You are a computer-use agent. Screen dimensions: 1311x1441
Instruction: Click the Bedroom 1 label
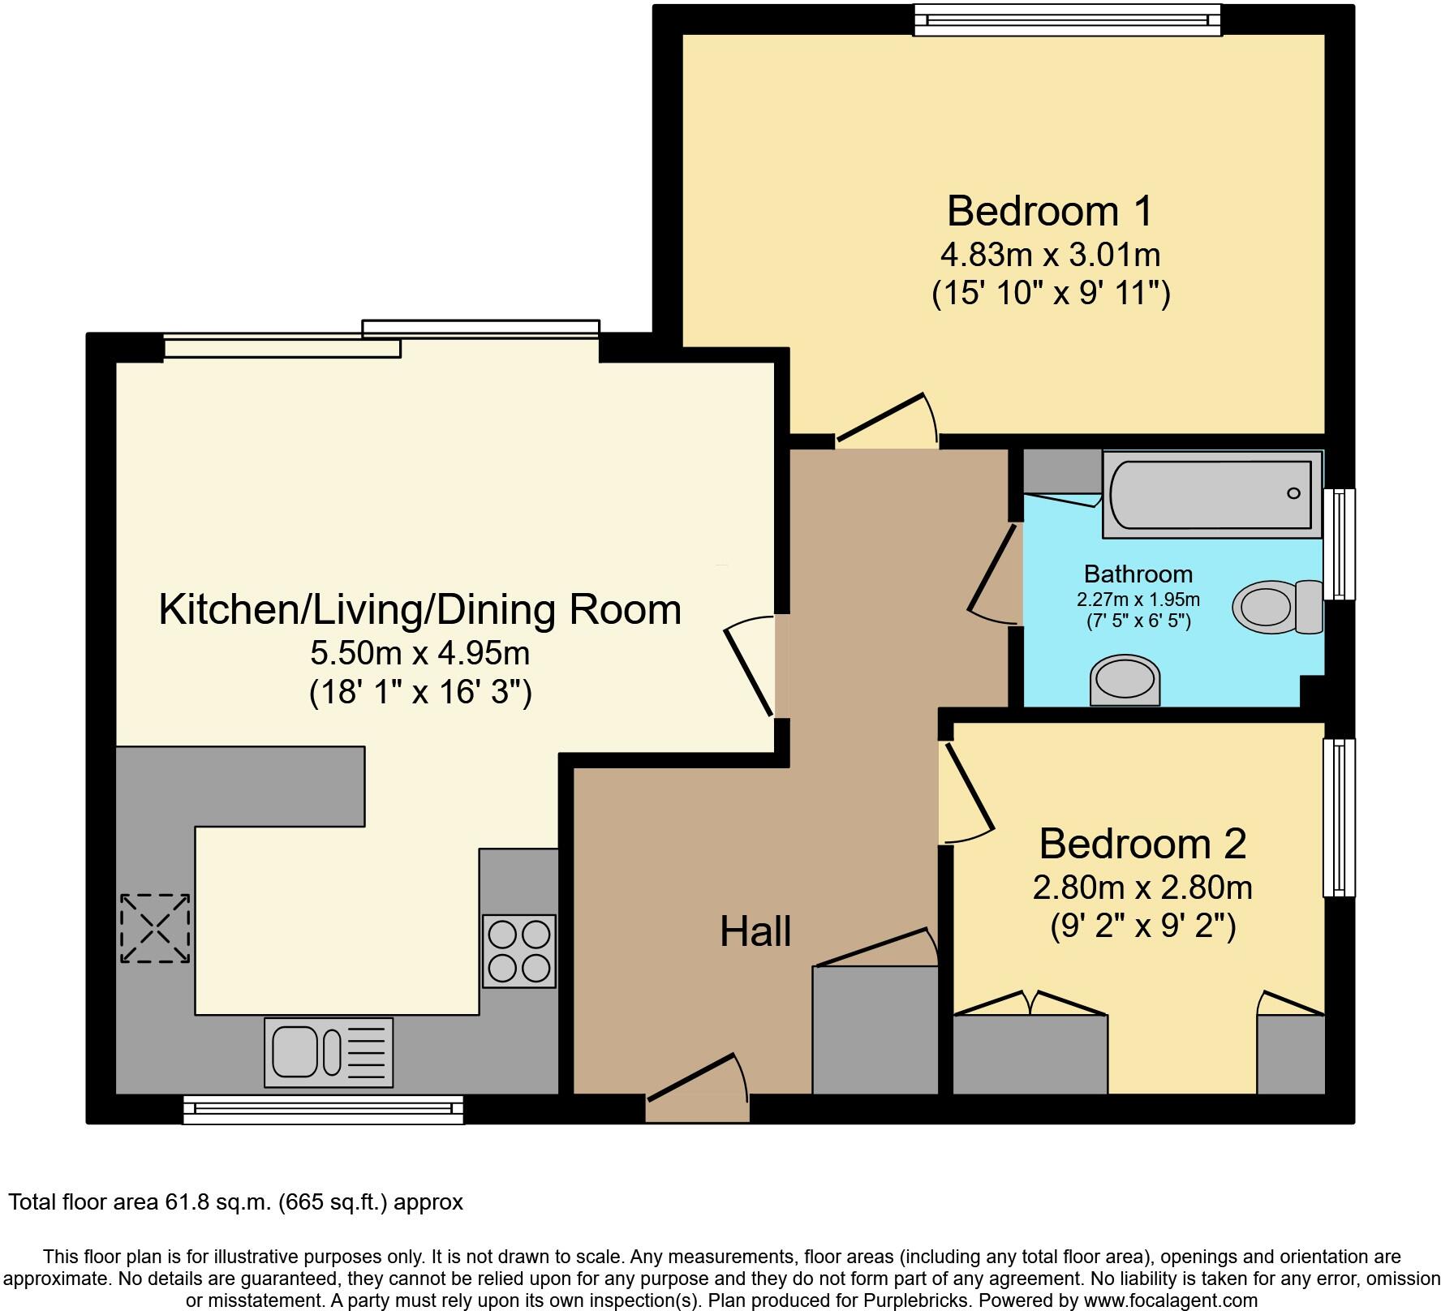pos(1049,211)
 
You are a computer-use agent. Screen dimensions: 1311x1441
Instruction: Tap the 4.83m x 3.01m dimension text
pos(1050,255)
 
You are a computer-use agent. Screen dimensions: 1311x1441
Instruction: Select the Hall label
pos(755,931)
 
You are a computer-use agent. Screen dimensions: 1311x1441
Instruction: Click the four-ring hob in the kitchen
pos(519,951)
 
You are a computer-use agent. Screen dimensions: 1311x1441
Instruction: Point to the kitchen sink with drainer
pos(329,1052)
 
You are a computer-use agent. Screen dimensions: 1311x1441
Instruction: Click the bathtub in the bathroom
pos(1211,494)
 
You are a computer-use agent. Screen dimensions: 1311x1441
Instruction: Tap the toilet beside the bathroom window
pos(1278,607)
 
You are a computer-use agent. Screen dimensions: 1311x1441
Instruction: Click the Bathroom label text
pos(1138,574)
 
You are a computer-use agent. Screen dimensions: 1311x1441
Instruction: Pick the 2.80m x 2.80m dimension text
pos(1142,888)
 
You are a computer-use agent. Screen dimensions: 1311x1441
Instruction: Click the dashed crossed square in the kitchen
pos(155,928)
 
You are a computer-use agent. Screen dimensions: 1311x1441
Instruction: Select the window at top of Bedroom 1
pos(1067,20)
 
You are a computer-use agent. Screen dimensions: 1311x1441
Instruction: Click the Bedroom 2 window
pos(1339,817)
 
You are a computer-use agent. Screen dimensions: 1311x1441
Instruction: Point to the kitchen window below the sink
pos(323,1109)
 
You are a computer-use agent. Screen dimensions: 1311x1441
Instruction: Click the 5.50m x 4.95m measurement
pos(419,652)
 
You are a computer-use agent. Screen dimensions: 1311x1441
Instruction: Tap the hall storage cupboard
pos(875,1029)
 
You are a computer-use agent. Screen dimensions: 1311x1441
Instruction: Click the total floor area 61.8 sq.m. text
pos(235,1201)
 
